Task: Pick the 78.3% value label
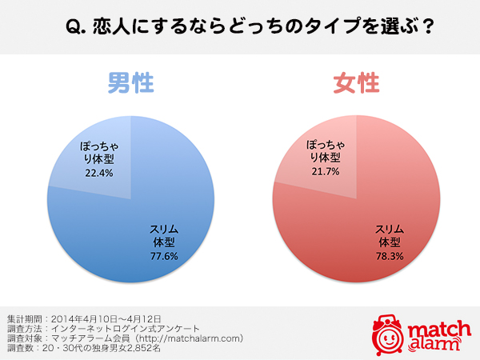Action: click(389, 256)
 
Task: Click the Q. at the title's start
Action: click(75, 26)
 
